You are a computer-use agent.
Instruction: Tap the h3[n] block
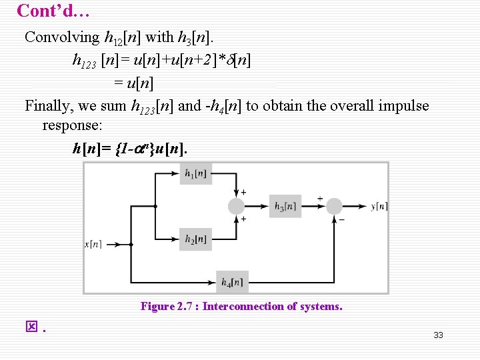pos(285,206)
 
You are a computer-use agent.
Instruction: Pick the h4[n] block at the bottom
pos(233,281)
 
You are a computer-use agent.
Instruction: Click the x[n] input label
pos(93,245)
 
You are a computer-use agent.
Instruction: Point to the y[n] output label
pos(379,207)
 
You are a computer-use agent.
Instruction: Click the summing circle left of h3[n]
pos(236,206)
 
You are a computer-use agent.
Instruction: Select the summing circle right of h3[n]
pos(334,206)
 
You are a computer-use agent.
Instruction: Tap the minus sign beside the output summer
pos(342,219)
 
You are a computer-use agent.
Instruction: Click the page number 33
pos(438,335)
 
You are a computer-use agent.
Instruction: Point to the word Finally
pos(47,106)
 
